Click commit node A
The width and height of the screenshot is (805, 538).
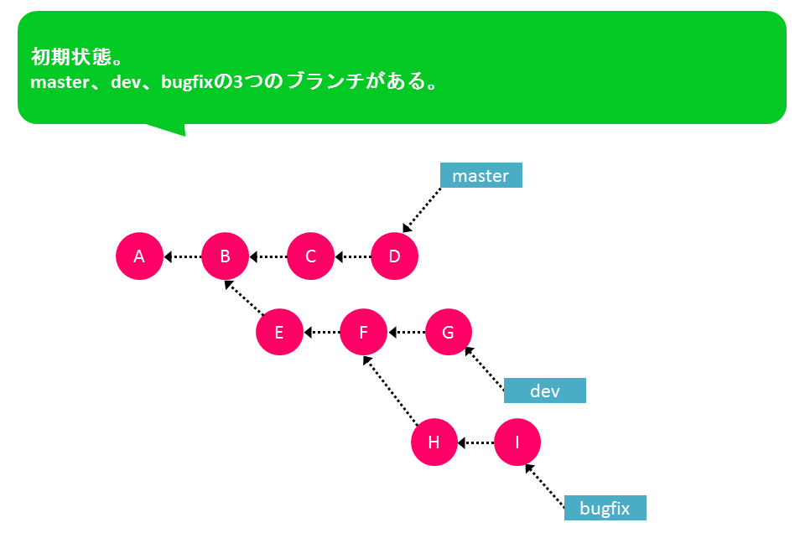point(139,256)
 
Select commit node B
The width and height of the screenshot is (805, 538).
point(225,256)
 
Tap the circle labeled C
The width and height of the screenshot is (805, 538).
point(310,256)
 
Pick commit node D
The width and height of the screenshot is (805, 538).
point(394,256)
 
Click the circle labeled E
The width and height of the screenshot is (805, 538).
point(279,332)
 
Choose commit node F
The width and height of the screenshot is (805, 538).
point(363,332)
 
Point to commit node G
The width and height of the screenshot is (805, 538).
point(448,332)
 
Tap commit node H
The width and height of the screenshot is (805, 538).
point(434,442)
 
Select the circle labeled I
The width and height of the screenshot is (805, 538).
point(517,442)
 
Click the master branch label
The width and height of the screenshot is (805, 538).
point(481,175)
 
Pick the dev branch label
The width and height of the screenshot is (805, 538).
point(545,391)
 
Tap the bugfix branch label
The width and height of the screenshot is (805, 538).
point(605,508)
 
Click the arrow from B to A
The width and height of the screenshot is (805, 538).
point(182,256)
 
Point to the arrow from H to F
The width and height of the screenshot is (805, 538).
point(391,391)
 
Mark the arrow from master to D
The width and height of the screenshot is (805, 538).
point(422,210)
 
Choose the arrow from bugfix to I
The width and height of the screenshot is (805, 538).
point(545,486)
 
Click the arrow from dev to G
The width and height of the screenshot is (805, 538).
point(484,368)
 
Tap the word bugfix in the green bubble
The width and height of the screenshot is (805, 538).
point(187,82)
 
